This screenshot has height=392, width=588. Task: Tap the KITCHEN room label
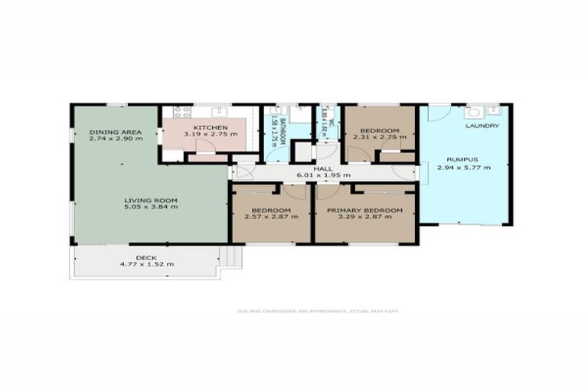[x=210, y=126]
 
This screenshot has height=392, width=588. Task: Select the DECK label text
[x=146, y=257]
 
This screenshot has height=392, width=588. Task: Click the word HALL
[x=322, y=168]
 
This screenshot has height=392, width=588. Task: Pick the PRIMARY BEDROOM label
[x=364, y=211]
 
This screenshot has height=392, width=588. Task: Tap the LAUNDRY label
[x=482, y=126]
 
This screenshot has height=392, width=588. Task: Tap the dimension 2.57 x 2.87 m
[x=271, y=217]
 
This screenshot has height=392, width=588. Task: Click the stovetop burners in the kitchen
[x=182, y=112]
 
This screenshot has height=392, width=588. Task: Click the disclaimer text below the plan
[x=317, y=311]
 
